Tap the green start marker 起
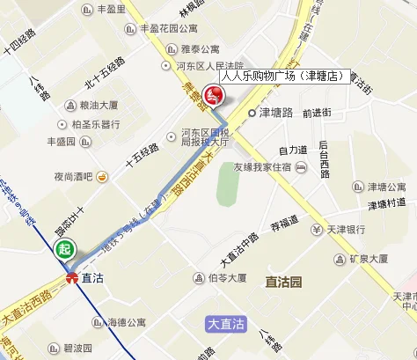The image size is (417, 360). pos(64,249)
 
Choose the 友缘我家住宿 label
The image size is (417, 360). pos(262,167)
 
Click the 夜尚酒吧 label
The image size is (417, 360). pos(72,177)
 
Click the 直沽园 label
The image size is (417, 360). pos(283,282)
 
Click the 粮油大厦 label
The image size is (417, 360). pos(85,105)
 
